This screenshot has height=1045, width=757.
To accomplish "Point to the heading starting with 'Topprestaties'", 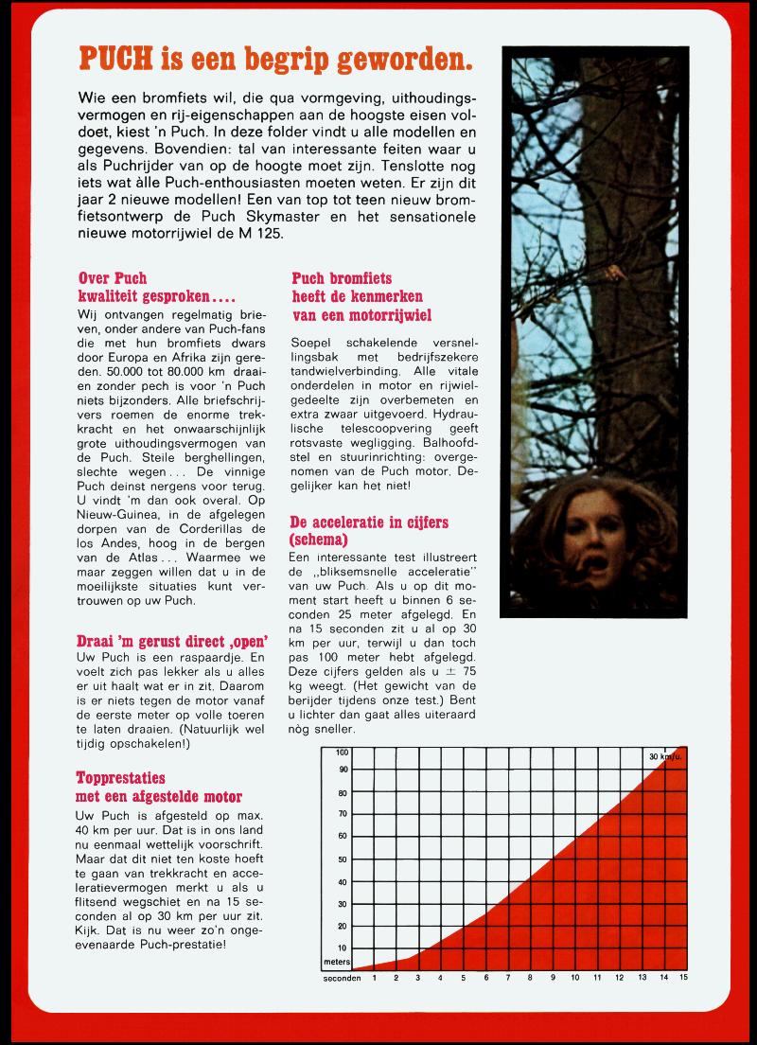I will pyautogui.click(x=158, y=788).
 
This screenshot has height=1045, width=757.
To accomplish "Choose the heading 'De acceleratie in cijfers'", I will pyautogui.click(x=368, y=530).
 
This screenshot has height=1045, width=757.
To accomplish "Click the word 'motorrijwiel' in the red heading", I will pyautogui.click(x=382, y=315).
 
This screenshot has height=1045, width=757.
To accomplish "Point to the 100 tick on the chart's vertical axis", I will pyautogui.click(x=342, y=753).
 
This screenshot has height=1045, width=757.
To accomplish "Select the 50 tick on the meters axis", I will pyautogui.click(x=342, y=860).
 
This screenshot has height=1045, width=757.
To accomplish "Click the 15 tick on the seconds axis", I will pyautogui.click(x=682, y=977).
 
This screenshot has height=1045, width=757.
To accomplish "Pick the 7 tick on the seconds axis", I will pyautogui.click(x=507, y=977).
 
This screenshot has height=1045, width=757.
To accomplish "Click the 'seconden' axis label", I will pyautogui.click(x=342, y=977).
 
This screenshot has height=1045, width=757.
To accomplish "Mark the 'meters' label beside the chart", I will pyautogui.click(x=337, y=961).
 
